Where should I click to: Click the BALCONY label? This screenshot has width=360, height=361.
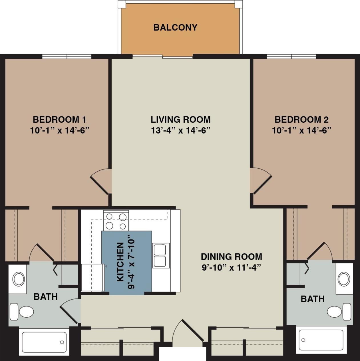tap(175, 27)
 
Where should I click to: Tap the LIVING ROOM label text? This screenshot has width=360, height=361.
tap(180, 119)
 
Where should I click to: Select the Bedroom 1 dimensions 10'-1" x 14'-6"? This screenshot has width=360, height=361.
tap(60, 130)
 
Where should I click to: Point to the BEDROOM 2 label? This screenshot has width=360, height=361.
tap(301, 119)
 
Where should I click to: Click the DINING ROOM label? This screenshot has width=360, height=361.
tap(231, 257)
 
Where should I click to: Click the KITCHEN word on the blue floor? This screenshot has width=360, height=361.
tap(120, 262)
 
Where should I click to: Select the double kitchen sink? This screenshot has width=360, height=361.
tap(161, 255)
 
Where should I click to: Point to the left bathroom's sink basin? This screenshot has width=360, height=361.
tap(19, 279)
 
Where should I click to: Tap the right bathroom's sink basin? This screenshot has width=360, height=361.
tap(344, 279)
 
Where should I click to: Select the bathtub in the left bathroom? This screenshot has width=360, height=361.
tap(44, 342)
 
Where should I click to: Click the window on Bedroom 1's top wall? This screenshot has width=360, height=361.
tap(67, 57)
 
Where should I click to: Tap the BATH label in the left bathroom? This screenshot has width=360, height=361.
tap(46, 297)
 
